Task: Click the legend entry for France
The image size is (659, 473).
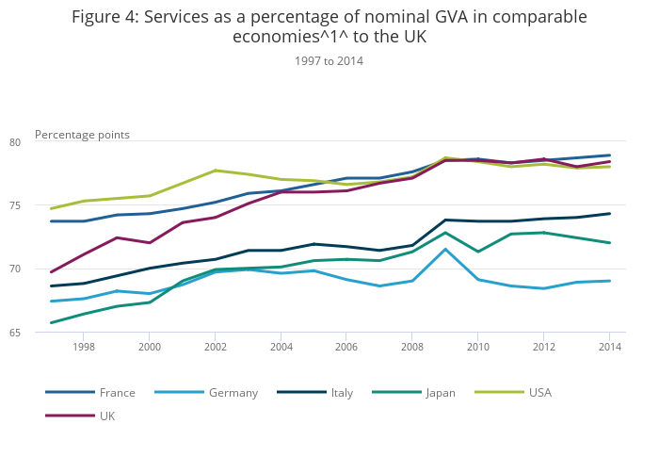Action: coord(90,393)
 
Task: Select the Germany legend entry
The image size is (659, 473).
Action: coord(206,393)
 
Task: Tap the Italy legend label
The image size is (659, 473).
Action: coord(315,393)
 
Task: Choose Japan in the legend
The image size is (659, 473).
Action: coord(414,393)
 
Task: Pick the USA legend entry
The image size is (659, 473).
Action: coord(513,393)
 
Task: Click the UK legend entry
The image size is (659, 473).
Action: coord(80,416)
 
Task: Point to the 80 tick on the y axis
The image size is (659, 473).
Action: coord(15,142)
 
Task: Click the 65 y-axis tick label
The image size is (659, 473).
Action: coord(15,333)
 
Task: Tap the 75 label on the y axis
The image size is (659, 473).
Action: coord(15,205)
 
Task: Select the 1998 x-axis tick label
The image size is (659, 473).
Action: coord(84,347)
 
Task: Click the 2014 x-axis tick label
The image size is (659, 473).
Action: coord(610,347)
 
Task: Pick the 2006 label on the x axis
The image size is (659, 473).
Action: coord(346,347)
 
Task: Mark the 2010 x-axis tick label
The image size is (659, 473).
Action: coord(478,347)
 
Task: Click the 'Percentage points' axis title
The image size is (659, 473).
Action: coord(82,135)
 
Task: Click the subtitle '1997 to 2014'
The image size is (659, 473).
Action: coord(329,61)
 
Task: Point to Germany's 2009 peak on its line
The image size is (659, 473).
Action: coord(445,249)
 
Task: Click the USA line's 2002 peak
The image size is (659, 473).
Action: coord(216,171)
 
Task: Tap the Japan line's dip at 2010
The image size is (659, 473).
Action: coord(478,252)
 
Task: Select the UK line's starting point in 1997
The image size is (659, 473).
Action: coord(51,272)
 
